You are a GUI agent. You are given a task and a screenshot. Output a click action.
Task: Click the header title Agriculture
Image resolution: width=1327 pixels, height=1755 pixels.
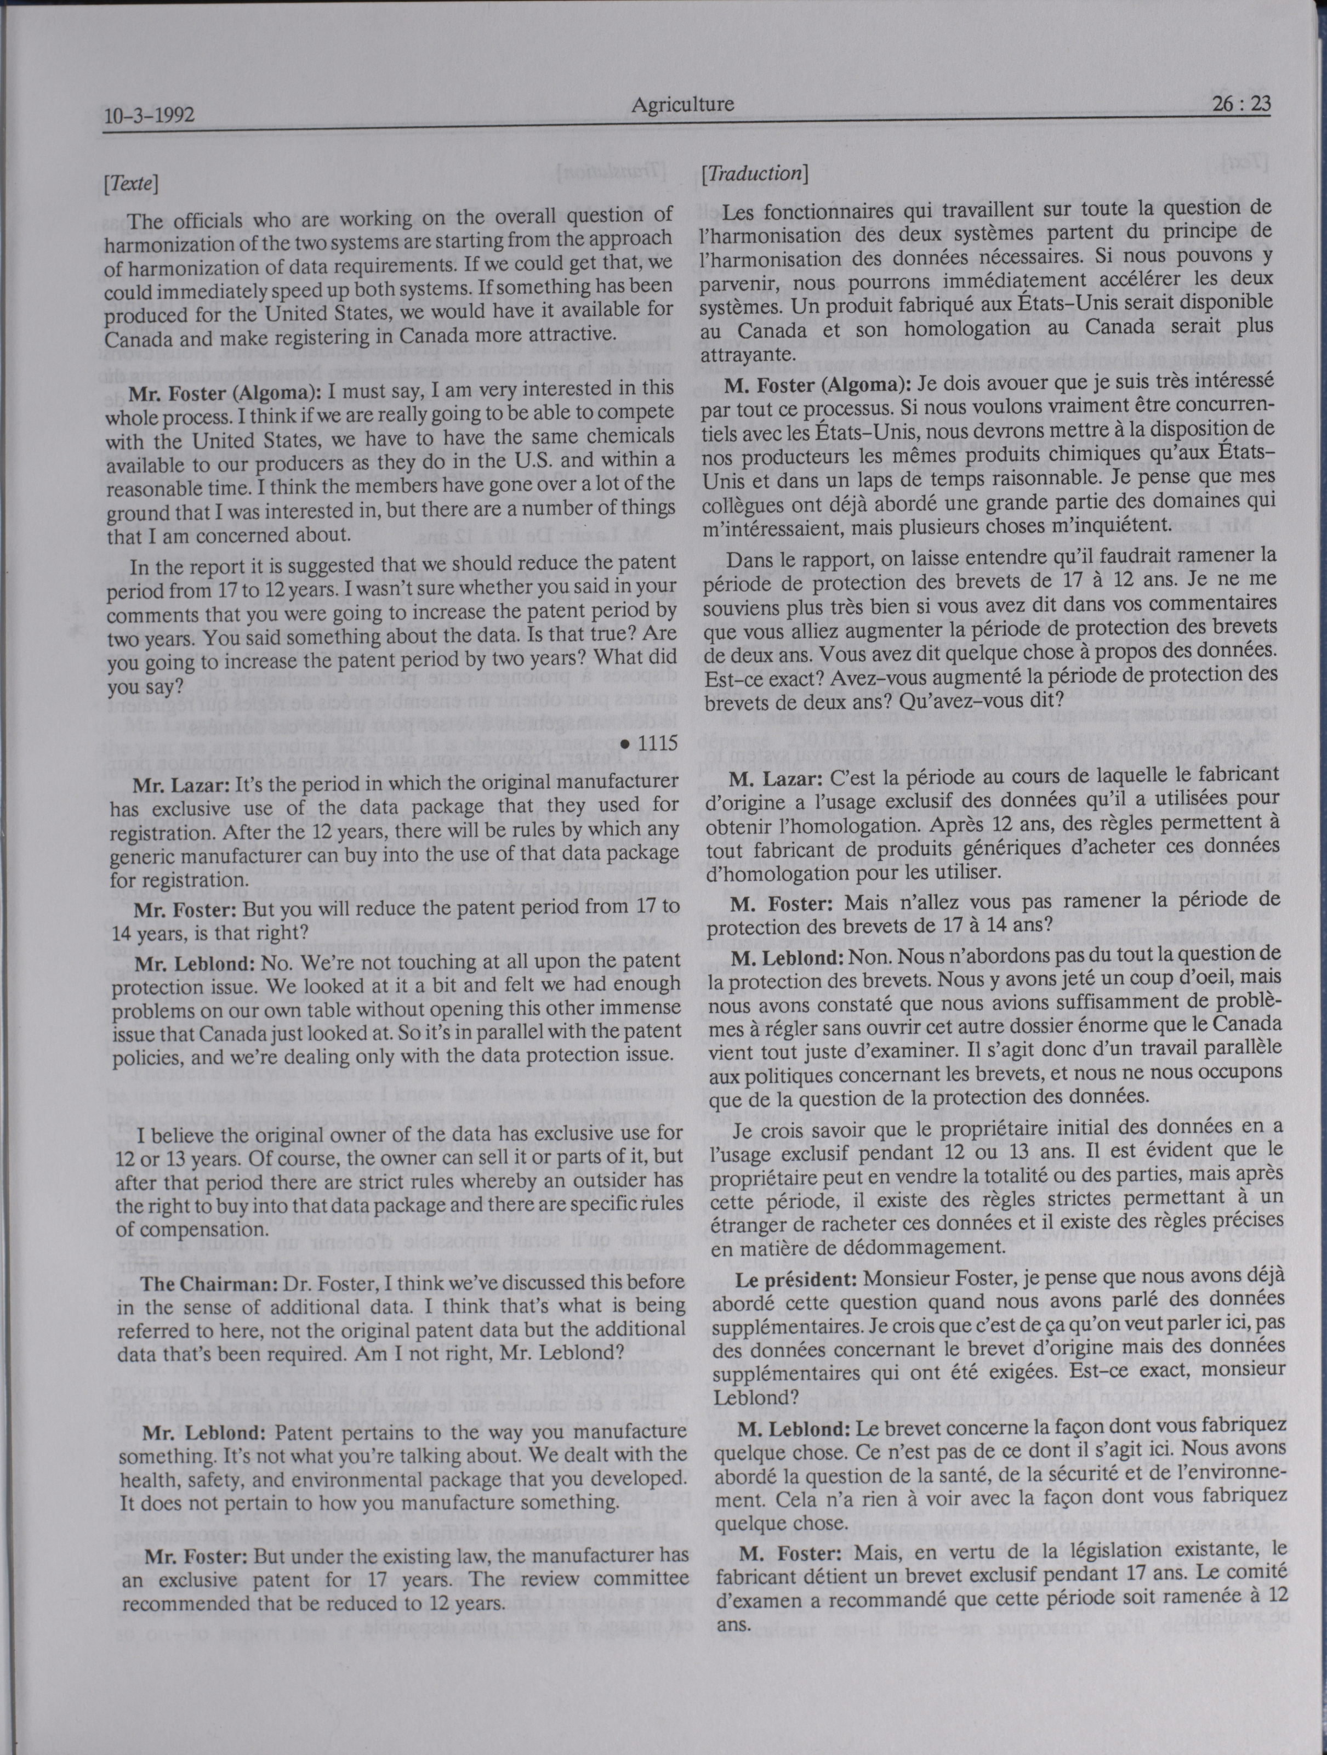click(682, 104)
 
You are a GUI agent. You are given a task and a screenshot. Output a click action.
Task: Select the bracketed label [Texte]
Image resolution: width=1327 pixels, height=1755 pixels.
click(131, 184)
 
